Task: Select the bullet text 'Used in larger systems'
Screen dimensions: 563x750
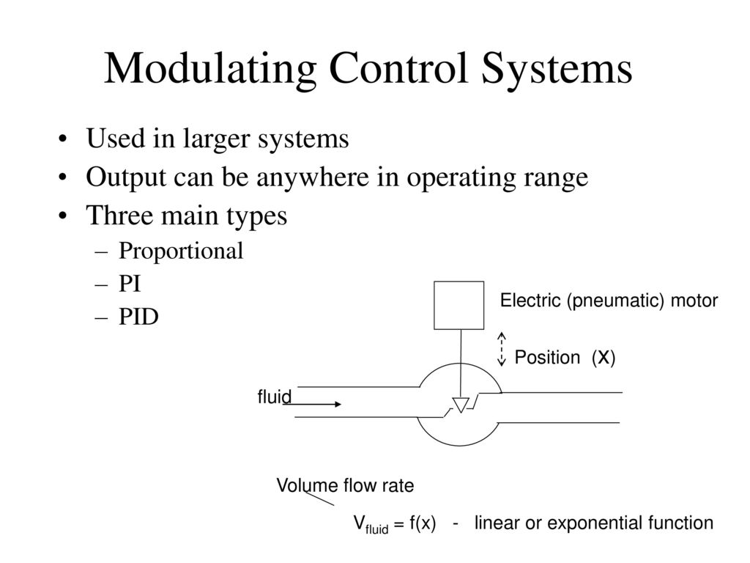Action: [217, 139]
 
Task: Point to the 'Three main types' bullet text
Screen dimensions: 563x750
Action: [186, 216]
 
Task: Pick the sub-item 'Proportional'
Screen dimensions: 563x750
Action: [181, 251]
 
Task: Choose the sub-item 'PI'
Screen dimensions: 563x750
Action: [130, 284]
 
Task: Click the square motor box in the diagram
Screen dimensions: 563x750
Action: [459, 305]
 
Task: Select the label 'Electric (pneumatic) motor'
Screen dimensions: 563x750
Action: [609, 301]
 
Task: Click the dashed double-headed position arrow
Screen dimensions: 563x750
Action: [502, 349]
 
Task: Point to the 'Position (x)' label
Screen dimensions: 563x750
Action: [564, 358]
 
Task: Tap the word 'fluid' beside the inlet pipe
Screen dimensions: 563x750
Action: [275, 397]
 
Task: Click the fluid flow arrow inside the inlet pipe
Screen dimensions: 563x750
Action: [317, 403]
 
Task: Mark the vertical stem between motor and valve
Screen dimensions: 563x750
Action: [460, 363]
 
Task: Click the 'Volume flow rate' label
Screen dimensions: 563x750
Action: [344, 485]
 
